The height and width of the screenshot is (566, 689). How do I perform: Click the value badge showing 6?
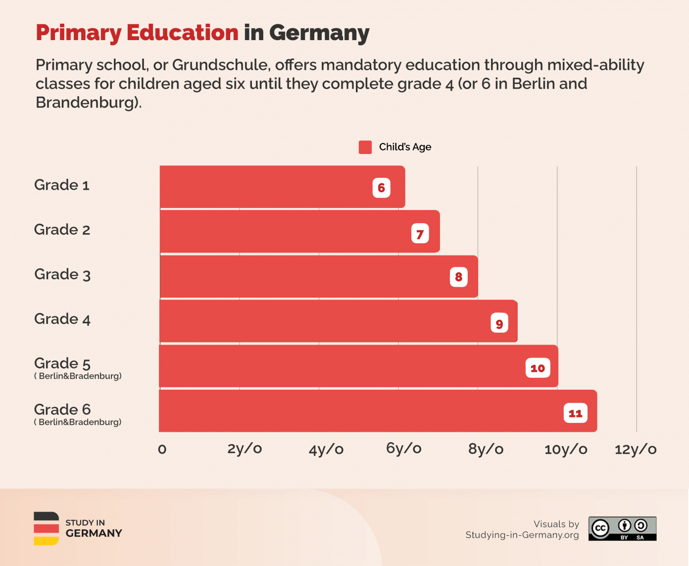381,188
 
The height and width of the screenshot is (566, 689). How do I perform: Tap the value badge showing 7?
420,233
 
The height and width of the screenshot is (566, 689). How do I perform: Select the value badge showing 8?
458,277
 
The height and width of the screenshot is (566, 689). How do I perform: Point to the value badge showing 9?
499,323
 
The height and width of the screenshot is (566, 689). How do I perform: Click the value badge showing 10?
538,368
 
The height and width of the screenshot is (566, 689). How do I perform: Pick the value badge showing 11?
575,413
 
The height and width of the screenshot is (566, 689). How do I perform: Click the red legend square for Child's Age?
365,147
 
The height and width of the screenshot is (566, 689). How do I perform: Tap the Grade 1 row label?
62,185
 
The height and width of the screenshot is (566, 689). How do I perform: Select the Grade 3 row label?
62,274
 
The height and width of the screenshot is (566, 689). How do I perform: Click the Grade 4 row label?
62,319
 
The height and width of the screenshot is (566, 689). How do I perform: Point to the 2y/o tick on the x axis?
245,449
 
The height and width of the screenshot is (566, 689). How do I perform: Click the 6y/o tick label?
403,449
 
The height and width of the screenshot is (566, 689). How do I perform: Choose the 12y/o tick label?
636,449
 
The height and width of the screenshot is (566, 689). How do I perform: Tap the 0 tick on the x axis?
162,450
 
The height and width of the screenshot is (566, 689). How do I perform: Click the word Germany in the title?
319,33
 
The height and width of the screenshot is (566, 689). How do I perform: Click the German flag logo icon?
46,528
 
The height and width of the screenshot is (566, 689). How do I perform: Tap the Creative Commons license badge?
622,528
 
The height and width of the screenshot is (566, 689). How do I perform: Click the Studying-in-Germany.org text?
522,535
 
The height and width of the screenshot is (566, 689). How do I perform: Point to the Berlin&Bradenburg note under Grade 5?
78,376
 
